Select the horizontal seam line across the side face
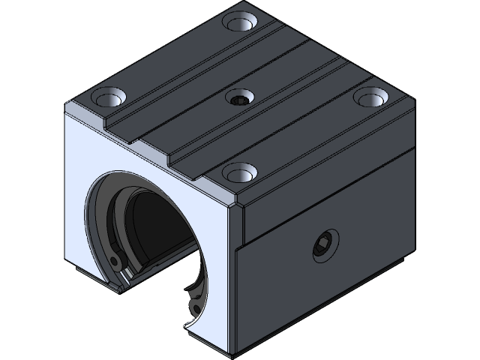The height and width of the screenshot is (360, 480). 330,197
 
